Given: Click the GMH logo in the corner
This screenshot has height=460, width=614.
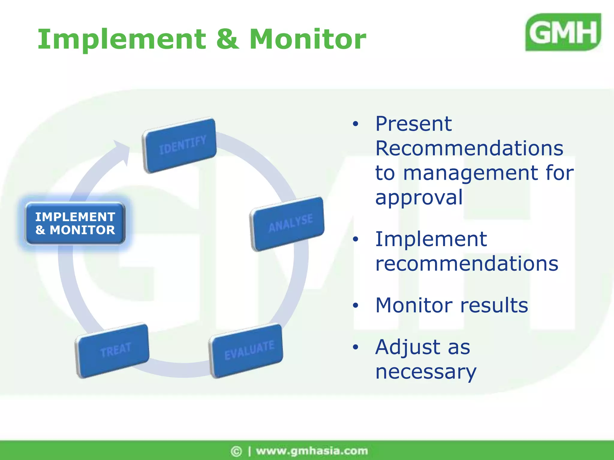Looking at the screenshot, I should (x=563, y=32).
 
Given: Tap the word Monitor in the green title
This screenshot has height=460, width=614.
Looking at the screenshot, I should (x=308, y=40).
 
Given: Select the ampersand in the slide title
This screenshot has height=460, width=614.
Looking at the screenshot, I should (x=228, y=40).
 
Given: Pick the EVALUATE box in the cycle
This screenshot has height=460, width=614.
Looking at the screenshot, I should (x=246, y=350).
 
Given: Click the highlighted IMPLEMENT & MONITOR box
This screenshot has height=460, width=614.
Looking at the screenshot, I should (x=75, y=223).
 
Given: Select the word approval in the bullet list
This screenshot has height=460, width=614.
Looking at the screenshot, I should (x=419, y=198).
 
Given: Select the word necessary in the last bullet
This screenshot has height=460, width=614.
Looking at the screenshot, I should (x=425, y=372).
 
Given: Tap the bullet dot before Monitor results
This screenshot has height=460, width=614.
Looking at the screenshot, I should (x=356, y=305).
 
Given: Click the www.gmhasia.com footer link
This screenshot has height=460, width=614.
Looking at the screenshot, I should (x=312, y=451).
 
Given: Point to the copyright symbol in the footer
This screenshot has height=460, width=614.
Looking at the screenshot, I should (x=236, y=451).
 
